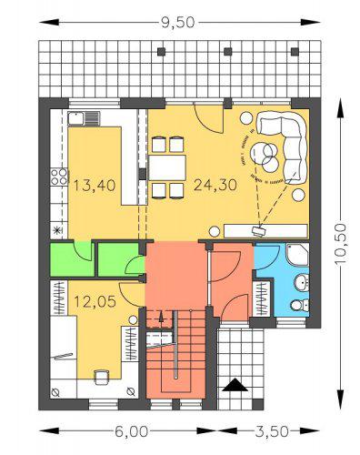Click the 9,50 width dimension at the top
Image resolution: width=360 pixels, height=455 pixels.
coord(177,23)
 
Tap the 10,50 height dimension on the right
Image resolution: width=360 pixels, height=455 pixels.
coord(341,245)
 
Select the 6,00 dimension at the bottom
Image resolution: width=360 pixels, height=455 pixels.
coord(132,431)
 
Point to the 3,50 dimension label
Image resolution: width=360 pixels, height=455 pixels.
coord(272,431)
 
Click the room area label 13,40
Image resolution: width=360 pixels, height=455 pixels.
coord(95,185)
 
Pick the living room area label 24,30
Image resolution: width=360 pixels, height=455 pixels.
coord(215,185)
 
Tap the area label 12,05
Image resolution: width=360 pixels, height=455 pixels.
coord(95,301)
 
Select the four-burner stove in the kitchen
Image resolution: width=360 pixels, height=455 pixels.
coord(59,177)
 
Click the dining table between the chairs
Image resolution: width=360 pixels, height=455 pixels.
coord(167,167)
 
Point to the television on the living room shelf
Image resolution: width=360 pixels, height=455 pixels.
coord(258,231)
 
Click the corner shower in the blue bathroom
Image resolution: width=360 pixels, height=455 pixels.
coord(297,254)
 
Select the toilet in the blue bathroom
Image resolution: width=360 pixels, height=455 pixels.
coord(300,305)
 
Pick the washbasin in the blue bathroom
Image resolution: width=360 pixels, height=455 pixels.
coord(302,283)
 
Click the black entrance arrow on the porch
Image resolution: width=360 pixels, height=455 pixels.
coord(235,385)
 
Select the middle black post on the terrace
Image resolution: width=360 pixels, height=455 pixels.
coord(228,52)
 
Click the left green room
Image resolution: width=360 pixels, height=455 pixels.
coord(72,259)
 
